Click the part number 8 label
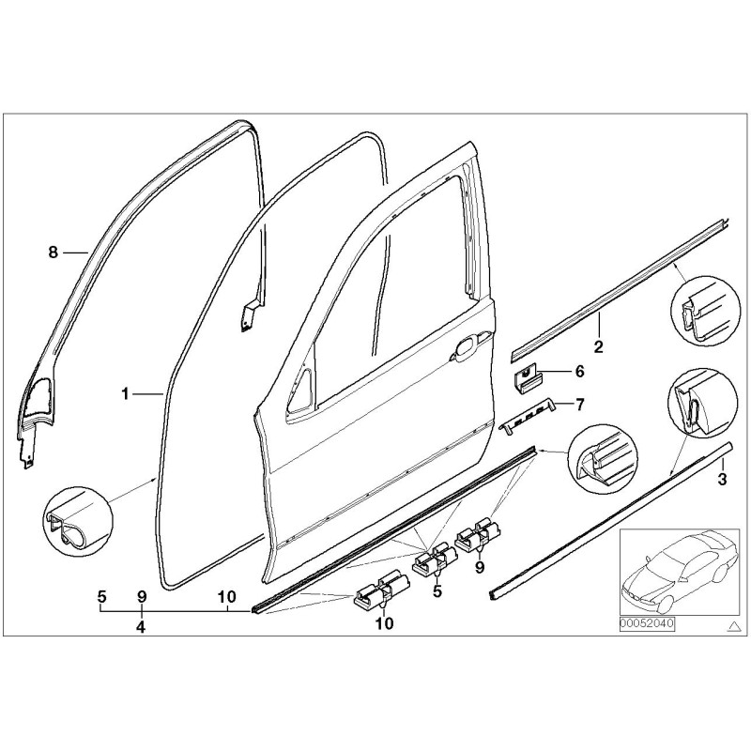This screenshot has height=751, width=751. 54,252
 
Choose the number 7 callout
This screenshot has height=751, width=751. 579,405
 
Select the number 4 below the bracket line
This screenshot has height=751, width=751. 140,626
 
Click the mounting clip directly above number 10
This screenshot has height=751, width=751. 383,591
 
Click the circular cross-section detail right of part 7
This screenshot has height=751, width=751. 598,458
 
